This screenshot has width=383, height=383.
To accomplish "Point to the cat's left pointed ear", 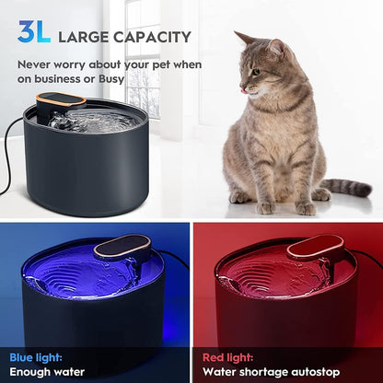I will pos(241,38).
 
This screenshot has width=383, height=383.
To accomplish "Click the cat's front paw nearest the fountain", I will pos(241,197).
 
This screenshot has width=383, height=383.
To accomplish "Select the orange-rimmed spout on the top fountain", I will pos(62,100).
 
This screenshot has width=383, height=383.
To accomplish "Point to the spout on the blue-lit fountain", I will pos(122,246).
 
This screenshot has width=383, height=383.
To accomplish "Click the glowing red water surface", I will pos(267,272).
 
